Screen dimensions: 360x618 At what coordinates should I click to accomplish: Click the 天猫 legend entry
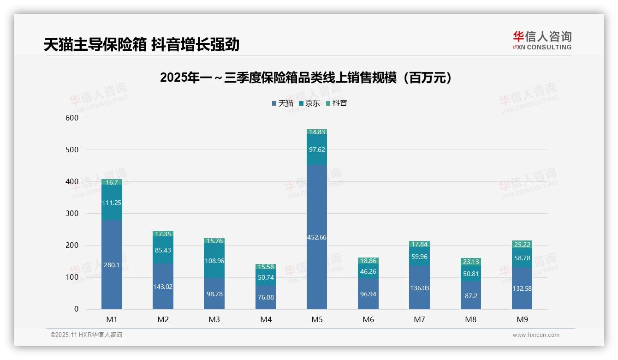point(283,103)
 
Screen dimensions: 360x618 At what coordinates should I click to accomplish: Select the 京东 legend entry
point(309,103)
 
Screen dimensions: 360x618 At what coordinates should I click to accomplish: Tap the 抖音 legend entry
point(337,103)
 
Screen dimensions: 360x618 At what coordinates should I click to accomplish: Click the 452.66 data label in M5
point(316,237)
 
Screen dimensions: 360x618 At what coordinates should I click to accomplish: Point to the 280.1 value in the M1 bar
point(112,265)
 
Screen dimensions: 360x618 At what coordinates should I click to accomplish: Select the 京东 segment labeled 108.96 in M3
point(214,261)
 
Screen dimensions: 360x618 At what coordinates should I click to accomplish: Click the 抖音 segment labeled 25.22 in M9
point(522,244)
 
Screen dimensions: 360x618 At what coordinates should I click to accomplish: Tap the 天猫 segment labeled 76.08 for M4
point(265,297)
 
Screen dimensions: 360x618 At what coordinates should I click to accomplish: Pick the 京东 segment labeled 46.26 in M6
point(368,271)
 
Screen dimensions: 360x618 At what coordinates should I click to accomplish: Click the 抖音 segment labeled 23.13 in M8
point(470,262)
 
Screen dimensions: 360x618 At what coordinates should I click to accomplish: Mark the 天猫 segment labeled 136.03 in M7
point(419,288)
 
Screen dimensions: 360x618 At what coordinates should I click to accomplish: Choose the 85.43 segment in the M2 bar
point(163,250)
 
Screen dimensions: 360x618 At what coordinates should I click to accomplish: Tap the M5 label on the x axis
point(316,319)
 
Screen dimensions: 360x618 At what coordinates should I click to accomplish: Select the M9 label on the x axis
point(522,319)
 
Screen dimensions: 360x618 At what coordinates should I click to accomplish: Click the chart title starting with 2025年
point(306,78)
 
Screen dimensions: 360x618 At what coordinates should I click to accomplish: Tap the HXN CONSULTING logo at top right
point(542,41)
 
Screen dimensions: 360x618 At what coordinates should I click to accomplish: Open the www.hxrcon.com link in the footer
point(535,335)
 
